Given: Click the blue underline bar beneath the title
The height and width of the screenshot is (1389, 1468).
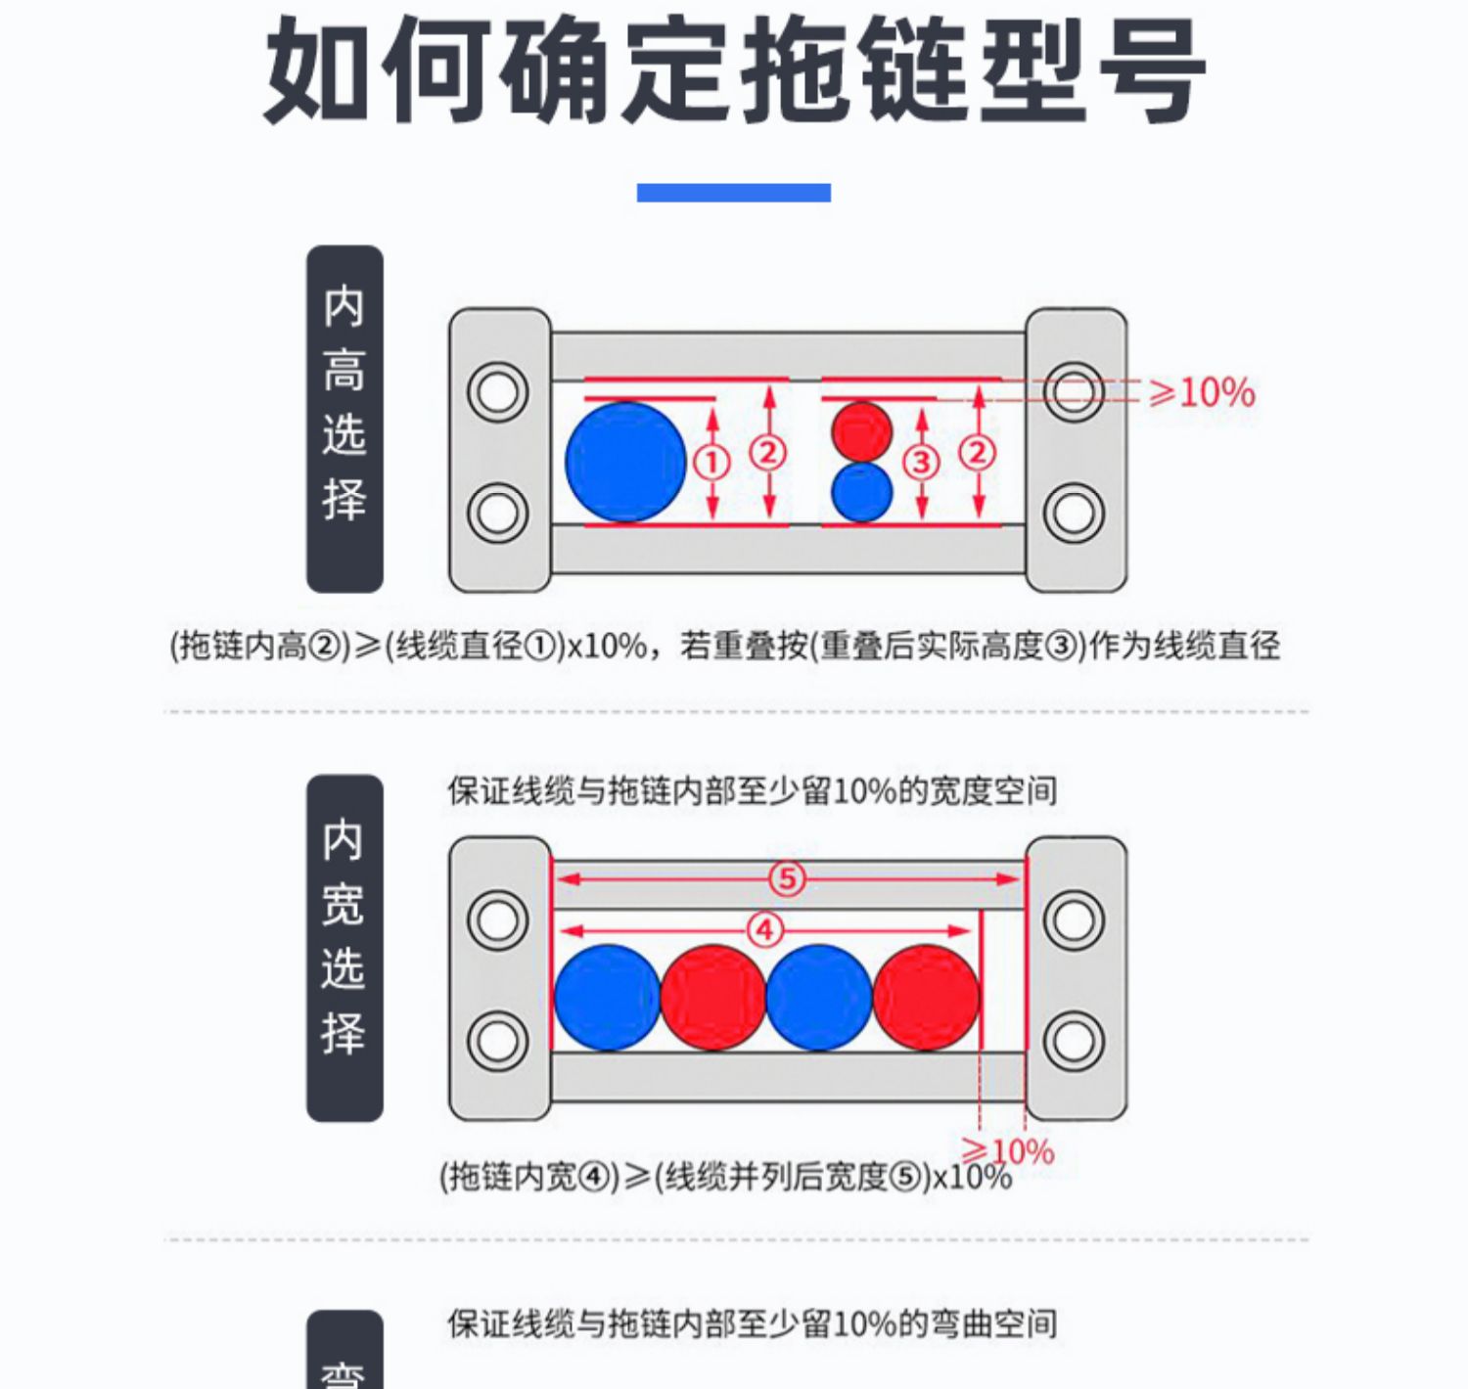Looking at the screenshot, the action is click(733, 193).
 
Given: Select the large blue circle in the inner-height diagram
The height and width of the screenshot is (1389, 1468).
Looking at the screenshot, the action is click(626, 462).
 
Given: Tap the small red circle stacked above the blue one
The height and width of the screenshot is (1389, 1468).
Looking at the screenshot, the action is click(862, 430).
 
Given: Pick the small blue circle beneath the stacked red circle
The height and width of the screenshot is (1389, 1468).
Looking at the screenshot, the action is click(862, 492).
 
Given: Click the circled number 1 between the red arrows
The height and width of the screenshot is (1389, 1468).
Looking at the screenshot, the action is click(712, 463).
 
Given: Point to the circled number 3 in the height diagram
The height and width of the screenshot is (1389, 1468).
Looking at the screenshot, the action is click(921, 462).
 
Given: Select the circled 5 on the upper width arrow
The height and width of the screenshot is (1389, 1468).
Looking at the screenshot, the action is click(788, 878).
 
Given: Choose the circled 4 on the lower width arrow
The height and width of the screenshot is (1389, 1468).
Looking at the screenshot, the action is click(765, 929).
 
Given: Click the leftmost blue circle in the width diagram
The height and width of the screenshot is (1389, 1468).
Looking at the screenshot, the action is click(608, 998).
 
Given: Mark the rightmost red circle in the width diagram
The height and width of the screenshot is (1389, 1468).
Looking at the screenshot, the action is click(926, 998).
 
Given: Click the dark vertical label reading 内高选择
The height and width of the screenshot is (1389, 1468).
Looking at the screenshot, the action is click(344, 419).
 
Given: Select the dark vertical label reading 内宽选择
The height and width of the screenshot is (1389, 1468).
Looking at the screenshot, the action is click(344, 948).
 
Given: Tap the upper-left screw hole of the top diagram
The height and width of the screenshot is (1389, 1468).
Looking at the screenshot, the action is click(498, 392).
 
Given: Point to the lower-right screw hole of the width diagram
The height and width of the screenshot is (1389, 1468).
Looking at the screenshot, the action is click(1074, 1041).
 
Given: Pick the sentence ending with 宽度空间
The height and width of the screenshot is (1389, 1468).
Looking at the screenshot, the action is click(753, 790).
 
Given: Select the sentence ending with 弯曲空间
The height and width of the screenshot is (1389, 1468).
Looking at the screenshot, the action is click(753, 1323).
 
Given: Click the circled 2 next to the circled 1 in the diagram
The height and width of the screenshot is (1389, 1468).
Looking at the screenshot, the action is click(768, 452).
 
